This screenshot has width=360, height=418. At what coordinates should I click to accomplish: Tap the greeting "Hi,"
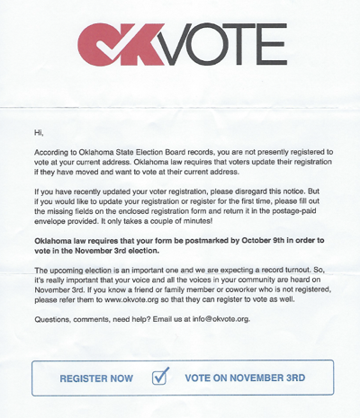[39, 131]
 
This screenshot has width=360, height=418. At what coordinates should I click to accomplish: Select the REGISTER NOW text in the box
[96, 378]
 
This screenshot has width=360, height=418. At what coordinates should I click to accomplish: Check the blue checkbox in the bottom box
[159, 376]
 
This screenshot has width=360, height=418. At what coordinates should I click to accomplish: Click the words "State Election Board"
[177, 153]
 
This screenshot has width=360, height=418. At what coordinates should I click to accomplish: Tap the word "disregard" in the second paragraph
[246, 182]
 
